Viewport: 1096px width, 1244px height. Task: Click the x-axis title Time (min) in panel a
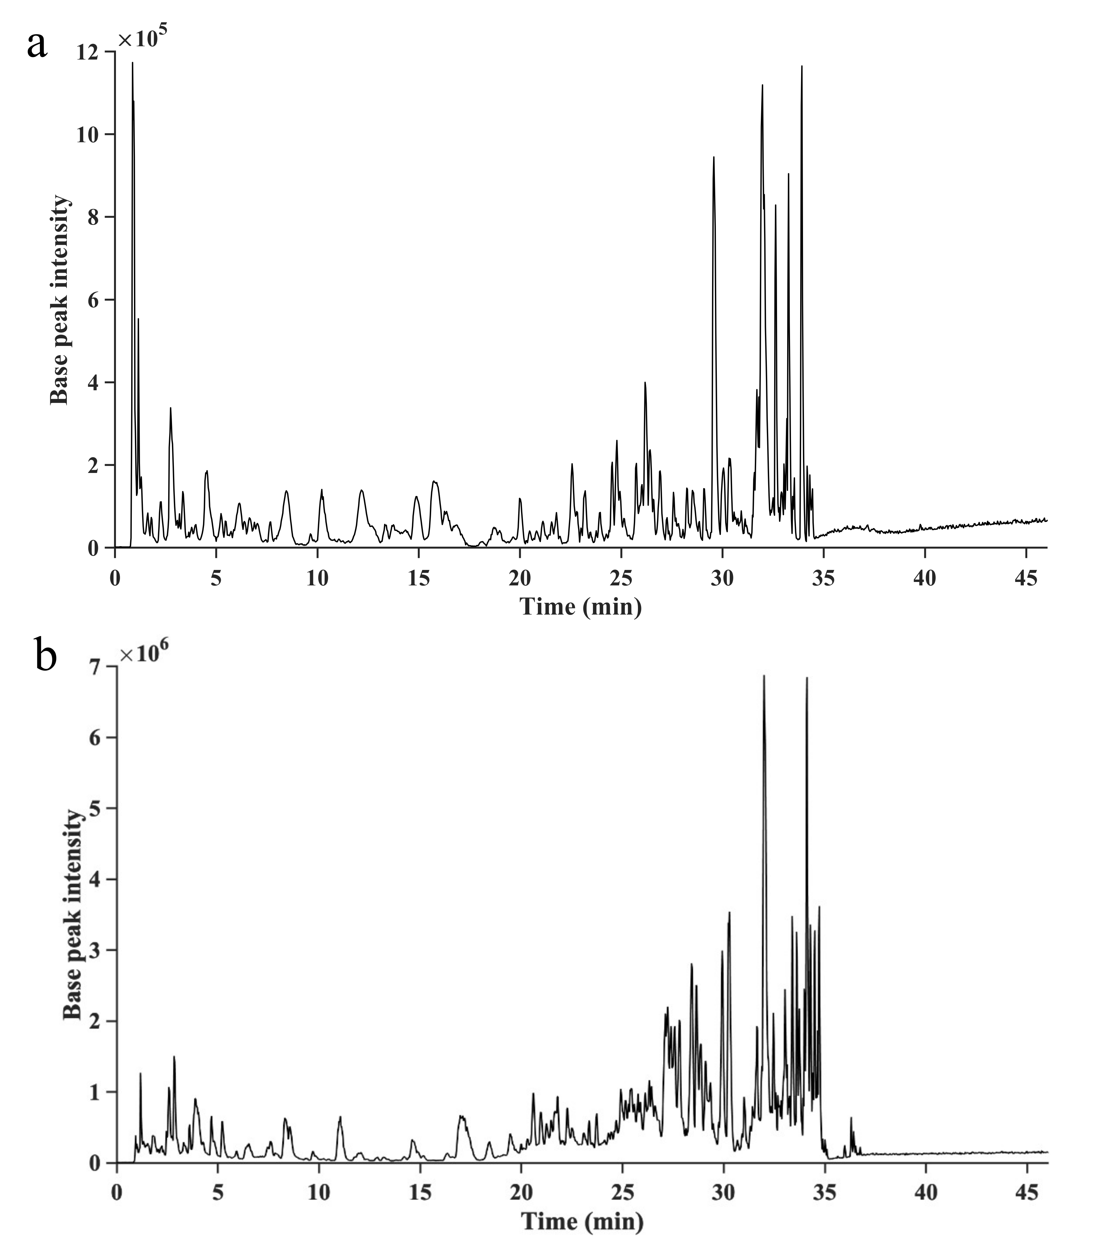(581, 606)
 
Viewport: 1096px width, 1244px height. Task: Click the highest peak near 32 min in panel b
(764, 676)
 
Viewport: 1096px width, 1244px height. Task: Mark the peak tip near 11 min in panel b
(340, 1117)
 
